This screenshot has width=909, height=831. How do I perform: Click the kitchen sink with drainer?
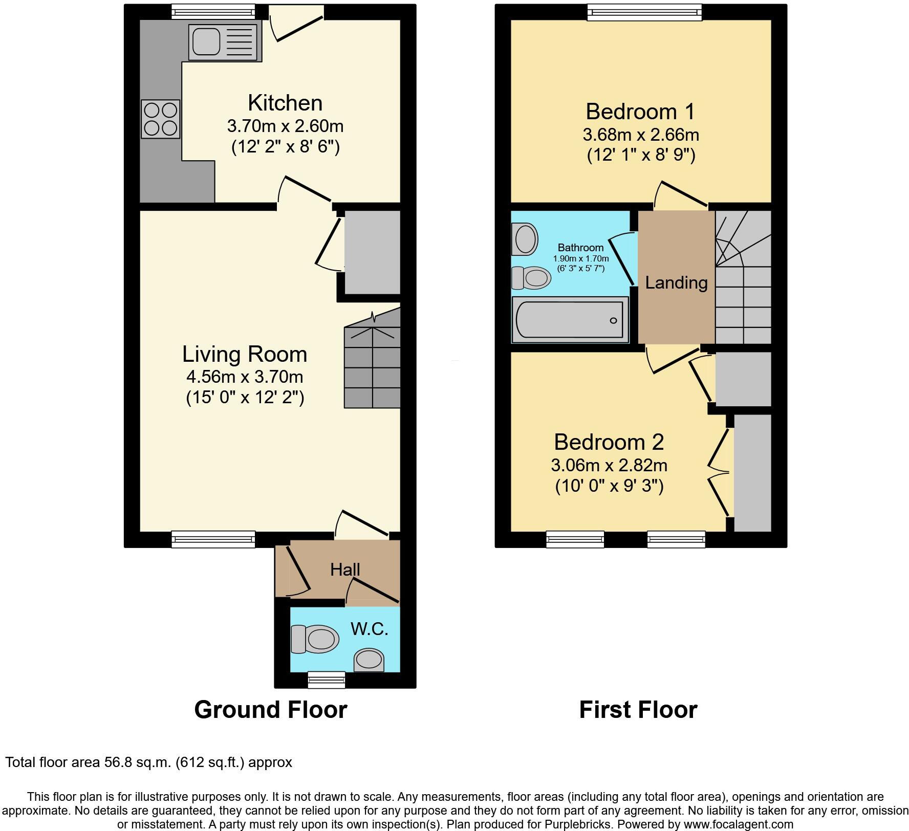[223, 42]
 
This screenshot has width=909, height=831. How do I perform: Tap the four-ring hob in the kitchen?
[161, 119]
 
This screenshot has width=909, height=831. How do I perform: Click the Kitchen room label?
[285, 103]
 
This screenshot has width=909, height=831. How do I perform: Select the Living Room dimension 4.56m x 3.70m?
[245, 377]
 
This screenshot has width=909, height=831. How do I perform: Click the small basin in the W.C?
[369, 660]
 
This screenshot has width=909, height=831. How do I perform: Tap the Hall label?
[345, 570]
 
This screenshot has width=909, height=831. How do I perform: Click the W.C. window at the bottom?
[327, 680]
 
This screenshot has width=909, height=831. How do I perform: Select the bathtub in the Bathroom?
[570, 320]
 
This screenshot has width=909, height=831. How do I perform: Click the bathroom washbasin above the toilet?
[525, 238]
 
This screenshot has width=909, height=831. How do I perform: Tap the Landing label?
[676, 282]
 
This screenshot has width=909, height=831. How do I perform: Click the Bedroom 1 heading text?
[640, 112]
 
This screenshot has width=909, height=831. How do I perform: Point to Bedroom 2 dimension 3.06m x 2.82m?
[609, 466]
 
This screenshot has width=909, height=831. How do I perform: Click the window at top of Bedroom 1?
[644, 12]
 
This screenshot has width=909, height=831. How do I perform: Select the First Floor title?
[638, 710]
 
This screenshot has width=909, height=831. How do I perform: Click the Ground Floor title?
[271, 710]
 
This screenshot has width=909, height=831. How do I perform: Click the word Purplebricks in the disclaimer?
[583, 824]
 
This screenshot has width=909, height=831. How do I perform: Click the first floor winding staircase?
[743, 277]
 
